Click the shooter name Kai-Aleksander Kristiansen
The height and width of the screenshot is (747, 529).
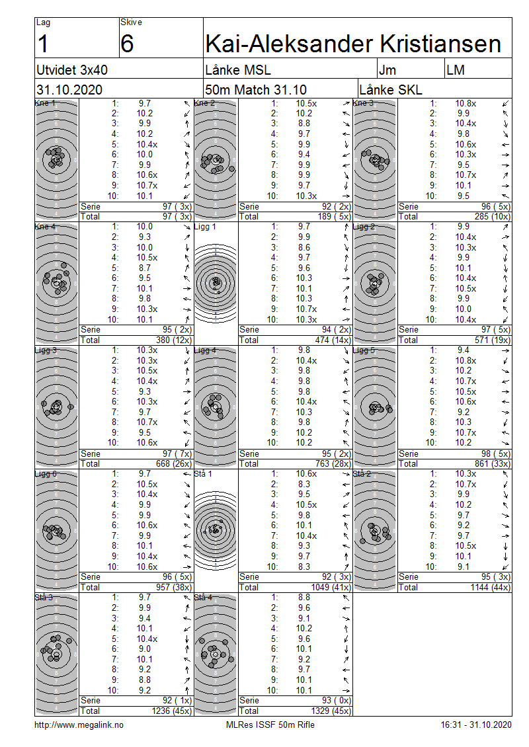coord(354,44)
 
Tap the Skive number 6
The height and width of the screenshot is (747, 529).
coord(128,44)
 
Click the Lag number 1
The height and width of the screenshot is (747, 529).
coord(44,44)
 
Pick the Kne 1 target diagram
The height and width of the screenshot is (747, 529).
coord(56,159)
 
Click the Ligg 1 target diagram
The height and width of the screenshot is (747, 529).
coord(216,283)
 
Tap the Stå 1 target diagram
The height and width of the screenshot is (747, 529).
coord(216,530)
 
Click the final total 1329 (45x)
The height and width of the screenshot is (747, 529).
coord(319,711)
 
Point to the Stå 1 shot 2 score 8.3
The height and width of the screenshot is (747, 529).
coord(304,484)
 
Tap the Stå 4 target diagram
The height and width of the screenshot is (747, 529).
coord(216,653)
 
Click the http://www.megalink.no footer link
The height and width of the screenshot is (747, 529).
coord(79,725)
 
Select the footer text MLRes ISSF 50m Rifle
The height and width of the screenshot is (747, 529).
coord(270,725)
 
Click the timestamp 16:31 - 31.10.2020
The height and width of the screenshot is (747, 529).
coord(475,725)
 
